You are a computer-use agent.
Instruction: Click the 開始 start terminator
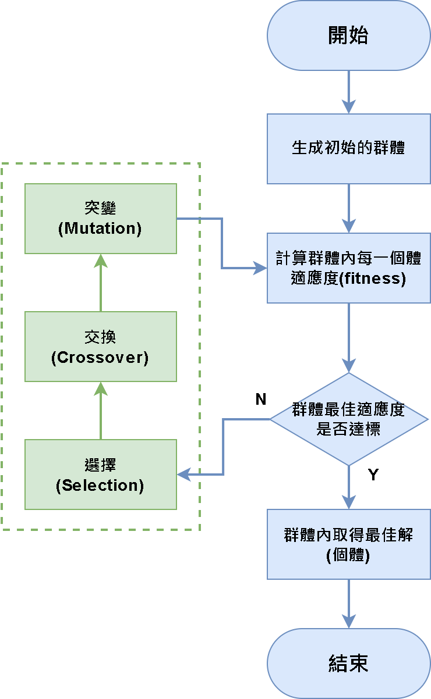coord(348,35)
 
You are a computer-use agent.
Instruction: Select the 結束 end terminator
coord(348,664)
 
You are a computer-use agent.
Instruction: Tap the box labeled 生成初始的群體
coord(348,148)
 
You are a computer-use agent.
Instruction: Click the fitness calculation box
coord(348,268)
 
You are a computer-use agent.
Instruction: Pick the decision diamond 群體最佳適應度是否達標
coord(348,419)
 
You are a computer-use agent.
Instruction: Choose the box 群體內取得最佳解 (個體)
coord(348,544)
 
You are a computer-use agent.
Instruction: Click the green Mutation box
coord(100,219)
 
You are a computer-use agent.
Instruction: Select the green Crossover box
coord(100,347)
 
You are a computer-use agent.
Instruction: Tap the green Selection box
coord(100,475)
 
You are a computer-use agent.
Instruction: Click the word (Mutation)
coord(100,229)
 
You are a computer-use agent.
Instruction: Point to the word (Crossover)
coord(100,357)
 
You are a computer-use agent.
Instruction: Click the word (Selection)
coord(100,486)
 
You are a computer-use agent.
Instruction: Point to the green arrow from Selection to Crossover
coord(101,411)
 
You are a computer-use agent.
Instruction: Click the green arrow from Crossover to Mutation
coord(101,283)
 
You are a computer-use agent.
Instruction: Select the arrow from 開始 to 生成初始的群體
coord(348,92)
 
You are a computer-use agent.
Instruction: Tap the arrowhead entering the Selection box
coord(184,475)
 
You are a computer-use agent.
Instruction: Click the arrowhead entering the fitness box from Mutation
coord(260,268)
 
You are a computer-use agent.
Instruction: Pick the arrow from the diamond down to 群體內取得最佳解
coord(348,487)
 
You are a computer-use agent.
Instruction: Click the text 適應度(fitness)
coord(348,279)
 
